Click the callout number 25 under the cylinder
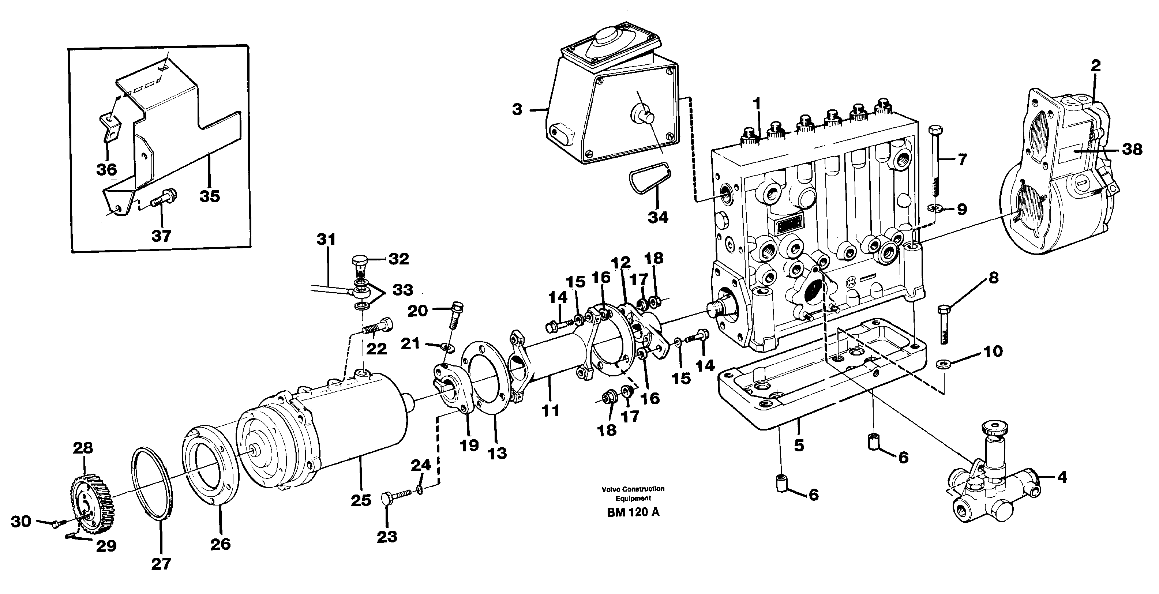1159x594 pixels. tap(361, 500)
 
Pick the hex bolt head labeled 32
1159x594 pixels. tap(359, 261)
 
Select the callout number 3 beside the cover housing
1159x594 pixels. tap(517, 109)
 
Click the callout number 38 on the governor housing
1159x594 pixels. tap(1132, 149)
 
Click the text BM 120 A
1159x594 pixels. tap(633, 512)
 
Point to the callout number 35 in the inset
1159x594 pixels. tap(210, 196)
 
